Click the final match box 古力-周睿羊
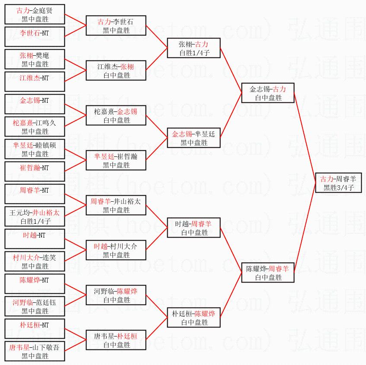pyautogui.click(x=337, y=183)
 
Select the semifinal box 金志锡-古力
pyautogui.click(x=268, y=93)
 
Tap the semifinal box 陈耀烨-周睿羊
pyautogui.click(x=268, y=273)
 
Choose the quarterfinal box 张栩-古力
pyautogui.click(x=194, y=48)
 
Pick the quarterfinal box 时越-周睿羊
pyautogui.click(x=194, y=228)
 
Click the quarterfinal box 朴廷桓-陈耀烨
pyautogui.click(x=194, y=317)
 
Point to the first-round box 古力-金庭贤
pyautogui.click(x=35, y=14)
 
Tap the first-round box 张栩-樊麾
pyautogui.click(x=35, y=60)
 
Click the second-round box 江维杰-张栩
pyautogui.click(x=116, y=71)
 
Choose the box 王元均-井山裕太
pyautogui.click(x=35, y=217)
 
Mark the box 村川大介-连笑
pyautogui.click(x=35, y=262)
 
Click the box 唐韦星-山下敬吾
pyautogui.click(x=35, y=352)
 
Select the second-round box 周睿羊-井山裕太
pyautogui.click(x=116, y=206)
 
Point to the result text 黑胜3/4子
pyautogui.click(x=337, y=187)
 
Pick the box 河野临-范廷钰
pyautogui.click(x=35, y=307)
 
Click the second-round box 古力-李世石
pyautogui.click(x=116, y=26)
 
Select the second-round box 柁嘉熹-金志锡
pyautogui.click(x=116, y=116)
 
